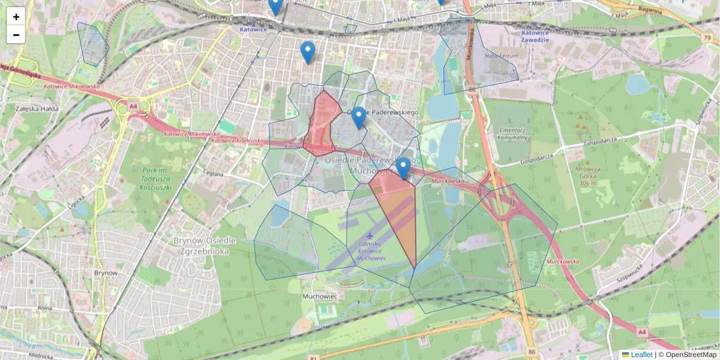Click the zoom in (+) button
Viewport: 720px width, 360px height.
click(x=16, y=17)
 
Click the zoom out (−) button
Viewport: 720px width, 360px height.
click(x=16, y=35)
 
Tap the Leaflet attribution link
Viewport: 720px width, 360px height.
click(x=641, y=355)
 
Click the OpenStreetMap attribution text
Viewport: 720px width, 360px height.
click(x=690, y=355)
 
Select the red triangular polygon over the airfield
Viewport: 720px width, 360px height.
click(x=399, y=210)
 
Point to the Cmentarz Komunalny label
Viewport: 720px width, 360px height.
click(x=512, y=133)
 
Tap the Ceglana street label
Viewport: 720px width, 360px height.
click(x=212, y=174)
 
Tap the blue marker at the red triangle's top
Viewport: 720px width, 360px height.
click(x=403, y=169)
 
